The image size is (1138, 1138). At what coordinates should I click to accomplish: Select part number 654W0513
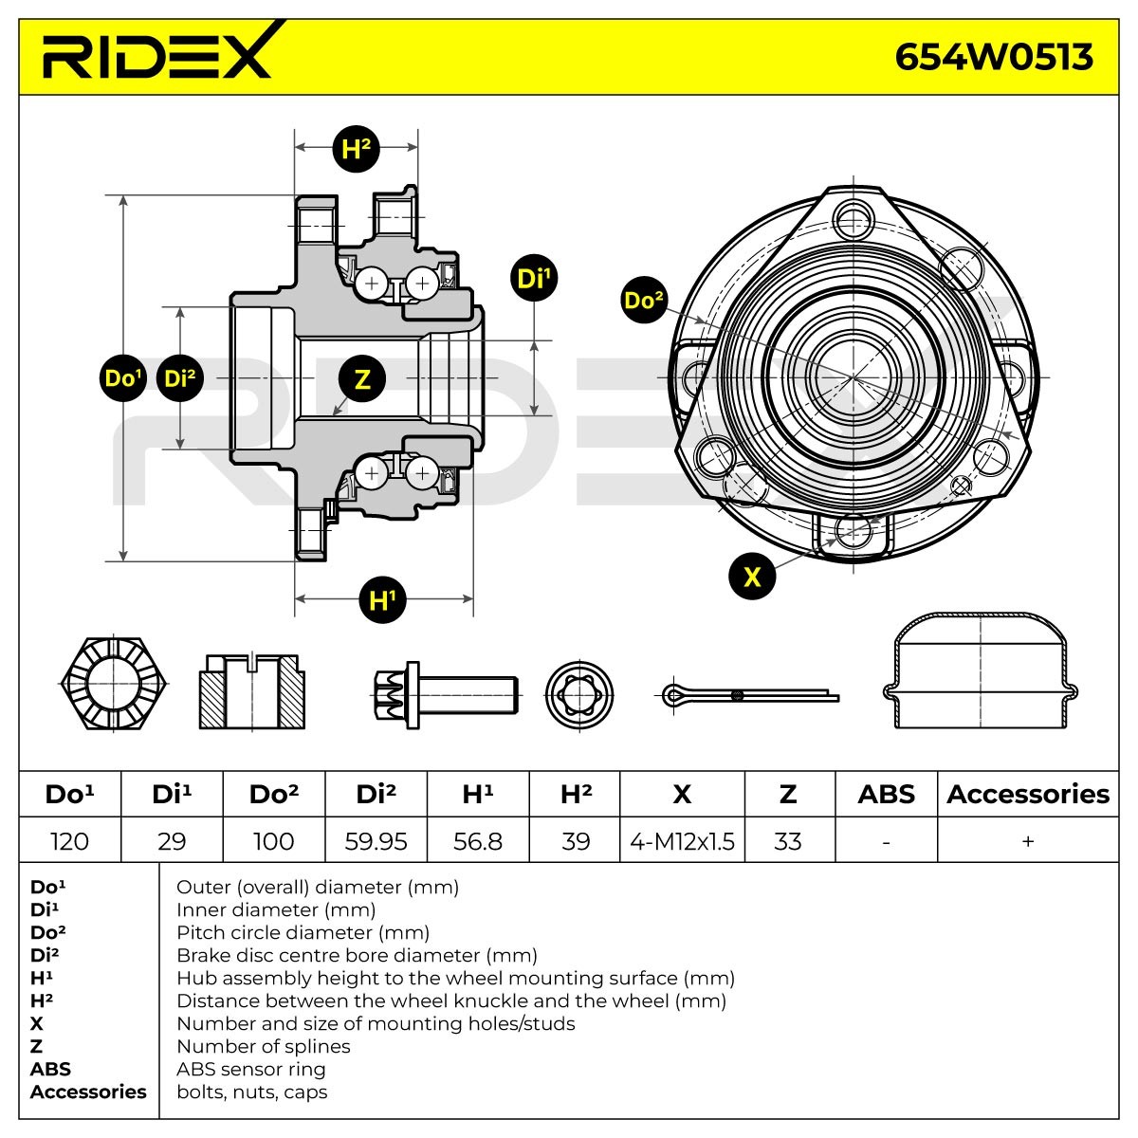(x=994, y=57)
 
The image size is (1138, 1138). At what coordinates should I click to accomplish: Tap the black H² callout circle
(x=356, y=148)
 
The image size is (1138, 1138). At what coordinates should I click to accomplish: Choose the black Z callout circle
(x=362, y=379)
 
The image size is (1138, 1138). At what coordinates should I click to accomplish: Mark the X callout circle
(x=752, y=576)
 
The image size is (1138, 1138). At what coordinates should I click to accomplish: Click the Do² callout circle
(x=644, y=301)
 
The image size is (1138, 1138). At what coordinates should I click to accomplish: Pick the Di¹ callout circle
(x=533, y=279)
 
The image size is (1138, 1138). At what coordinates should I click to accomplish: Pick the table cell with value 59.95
(x=376, y=841)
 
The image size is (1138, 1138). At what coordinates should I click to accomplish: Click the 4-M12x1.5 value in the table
(x=682, y=841)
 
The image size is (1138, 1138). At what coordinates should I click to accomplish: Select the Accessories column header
(x=1028, y=794)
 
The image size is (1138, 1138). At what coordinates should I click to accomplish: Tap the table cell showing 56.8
(x=478, y=841)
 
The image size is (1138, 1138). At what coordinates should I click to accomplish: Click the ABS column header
(x=886, y=794)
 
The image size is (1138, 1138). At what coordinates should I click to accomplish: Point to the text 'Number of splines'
(x=264, y=1046)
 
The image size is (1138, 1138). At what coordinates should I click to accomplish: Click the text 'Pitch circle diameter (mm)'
(x=303, y=932)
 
